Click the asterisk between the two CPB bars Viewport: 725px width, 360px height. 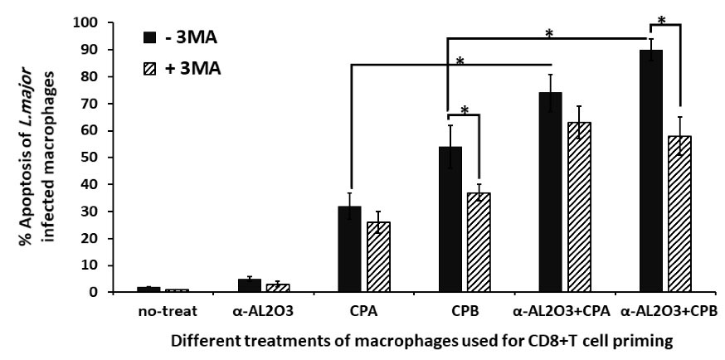point(465,111)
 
